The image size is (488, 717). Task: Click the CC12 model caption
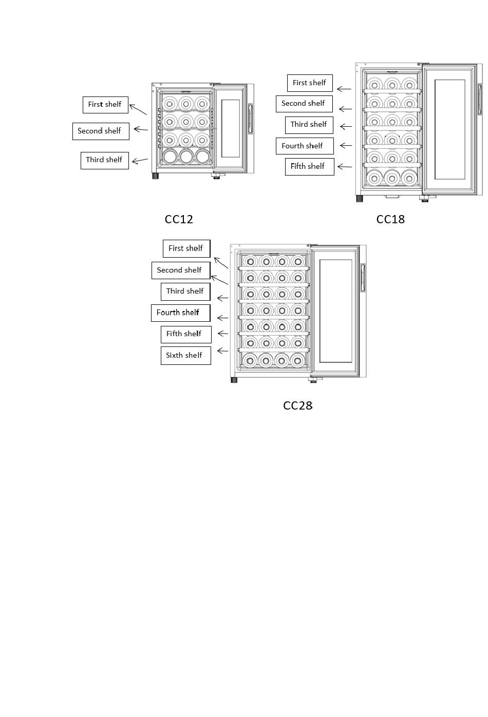point(178,219)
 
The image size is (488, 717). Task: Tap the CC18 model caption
point(390,219)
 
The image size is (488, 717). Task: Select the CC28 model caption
point(297,405)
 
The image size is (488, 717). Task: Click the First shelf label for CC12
point(105,105)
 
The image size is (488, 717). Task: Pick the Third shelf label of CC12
point(104,160)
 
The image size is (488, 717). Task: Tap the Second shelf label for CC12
point(101,131)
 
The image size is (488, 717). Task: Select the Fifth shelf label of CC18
point(309,166)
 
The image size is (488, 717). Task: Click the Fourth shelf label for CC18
point(305,146)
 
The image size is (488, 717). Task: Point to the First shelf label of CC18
point(310,83)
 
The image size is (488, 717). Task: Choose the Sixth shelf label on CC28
point(185,355)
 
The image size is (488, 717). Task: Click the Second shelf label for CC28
point(181,270)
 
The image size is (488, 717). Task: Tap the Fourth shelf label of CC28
point(180,313)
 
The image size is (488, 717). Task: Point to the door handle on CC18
point(479,99)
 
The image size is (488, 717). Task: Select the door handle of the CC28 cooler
point(363,278)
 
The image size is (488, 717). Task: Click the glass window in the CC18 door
point(449,129)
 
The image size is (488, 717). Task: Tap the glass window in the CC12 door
point(230,128)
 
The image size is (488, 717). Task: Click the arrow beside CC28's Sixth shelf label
point(223,351)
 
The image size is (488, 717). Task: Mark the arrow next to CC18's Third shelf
point(346,127)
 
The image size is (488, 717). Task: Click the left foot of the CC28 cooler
point(234,380)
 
